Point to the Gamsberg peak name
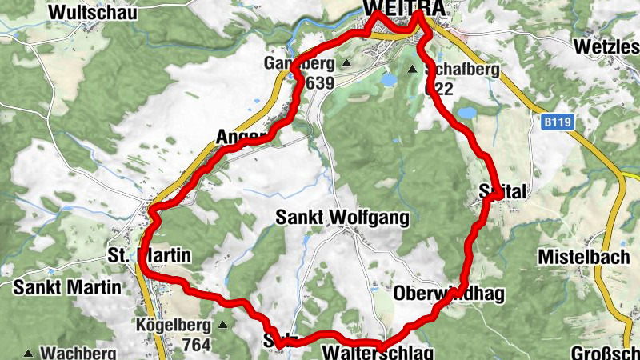coord(300,63)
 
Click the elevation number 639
coord(318,82)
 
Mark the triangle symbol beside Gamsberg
coord(346,63)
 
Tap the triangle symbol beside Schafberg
coord(413,70)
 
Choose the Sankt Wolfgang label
coord(342,218)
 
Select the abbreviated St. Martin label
coord(149,256)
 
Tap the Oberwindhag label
coord(450,294)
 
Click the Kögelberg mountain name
coord(173,326)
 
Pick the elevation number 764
coord(195,345)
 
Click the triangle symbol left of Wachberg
coord(29,353)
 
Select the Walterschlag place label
coord(378,353)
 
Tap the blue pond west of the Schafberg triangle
coord(389,80)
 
